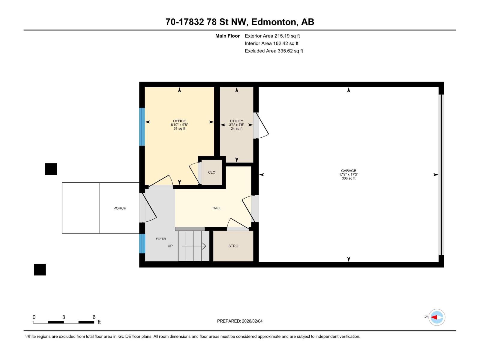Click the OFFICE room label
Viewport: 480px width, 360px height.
pyautogui.click(x=179, y=121)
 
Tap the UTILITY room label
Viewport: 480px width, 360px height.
pyautogui.click(x=236, y=121)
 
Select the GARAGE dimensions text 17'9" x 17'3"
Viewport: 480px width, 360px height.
pyautogui.click(x=348, y=174)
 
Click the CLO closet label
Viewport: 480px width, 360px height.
pyautogui.click(x=211, y=172)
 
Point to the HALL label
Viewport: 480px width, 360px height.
pyautogui.click(x=217, y=208)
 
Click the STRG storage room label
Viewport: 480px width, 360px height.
pyautogui.click(x=233, y=246)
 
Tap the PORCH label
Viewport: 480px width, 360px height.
pyautogui.click(x=120, y=208)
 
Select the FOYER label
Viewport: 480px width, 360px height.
pyautogui.click(x=161, y=238)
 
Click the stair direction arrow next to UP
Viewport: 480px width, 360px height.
pyautogui.click(x=194, y=246)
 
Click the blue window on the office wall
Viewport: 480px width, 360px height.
pyautogui.click(x=142, y=127)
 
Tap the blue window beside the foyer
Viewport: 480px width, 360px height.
pyautogui.click(x=142, y=243)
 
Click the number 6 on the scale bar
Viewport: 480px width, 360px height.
pyautogui.click(x=94, y=317)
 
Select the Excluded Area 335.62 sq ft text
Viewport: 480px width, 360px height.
pyautogui.click(x=274, y=51)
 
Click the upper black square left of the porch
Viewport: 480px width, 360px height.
pyautogui.click(x=51, y=169)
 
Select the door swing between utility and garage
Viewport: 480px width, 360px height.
pyautogui.click(x=260, y=125)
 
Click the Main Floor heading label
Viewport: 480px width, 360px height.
pyautogui.click(x=227, y=36)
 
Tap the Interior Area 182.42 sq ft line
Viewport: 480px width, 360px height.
pyautogui.click(x=271, y=43)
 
